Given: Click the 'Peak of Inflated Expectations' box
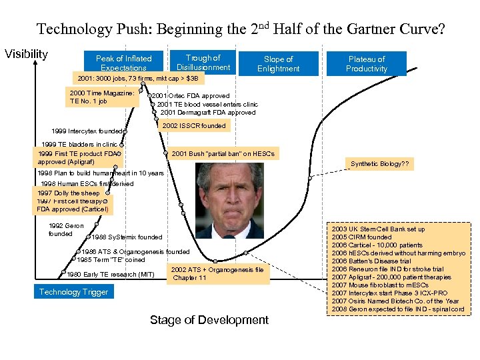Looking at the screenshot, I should [123, 63].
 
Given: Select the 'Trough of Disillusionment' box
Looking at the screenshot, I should [203, 62].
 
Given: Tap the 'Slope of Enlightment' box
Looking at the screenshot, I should [278, 63].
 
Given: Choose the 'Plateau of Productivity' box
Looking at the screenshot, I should [367, 63].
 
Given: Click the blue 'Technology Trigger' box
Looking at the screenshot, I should [73, 292].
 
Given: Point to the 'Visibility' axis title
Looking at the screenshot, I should [26, 53].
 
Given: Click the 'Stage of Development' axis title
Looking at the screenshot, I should [209, 320].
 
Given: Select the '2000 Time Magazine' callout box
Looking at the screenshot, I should [101, 97].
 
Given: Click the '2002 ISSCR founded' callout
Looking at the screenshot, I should [194, 125].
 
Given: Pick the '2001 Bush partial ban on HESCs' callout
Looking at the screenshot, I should [223, 154].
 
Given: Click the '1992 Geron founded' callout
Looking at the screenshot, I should [66, 229].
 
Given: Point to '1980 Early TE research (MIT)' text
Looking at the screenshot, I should [111, 274].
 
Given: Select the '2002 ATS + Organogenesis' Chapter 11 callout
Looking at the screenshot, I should [217, 273].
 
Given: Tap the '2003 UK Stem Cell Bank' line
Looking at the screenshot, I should [379, 229].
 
